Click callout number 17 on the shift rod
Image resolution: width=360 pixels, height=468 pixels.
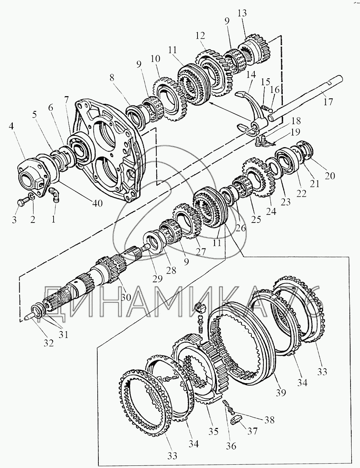[x=328, y=102]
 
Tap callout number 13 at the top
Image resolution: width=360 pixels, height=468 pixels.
[x=252, y=14]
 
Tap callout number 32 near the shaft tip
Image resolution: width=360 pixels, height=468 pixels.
[x=48, y=343]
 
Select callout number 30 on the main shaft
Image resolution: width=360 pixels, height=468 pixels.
[x=126, y=297]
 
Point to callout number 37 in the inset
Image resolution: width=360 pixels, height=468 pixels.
[x=252, y=432]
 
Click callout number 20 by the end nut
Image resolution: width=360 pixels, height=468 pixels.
[x=330, y=176]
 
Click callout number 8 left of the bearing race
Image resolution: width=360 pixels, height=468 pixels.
[x=111, y=78]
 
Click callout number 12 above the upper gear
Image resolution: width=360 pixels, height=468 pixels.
[x=200, y=36]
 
